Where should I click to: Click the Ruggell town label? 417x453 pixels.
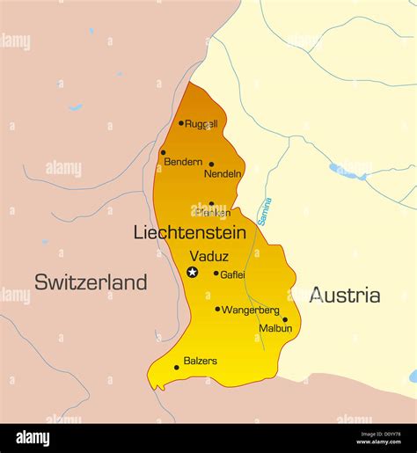coord(201,124)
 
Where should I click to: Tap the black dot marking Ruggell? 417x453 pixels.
coord(181,123)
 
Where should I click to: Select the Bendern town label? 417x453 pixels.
coord(185,162)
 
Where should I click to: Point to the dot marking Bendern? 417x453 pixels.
coord(163,152)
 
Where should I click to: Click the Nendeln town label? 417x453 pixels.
coord(223,174)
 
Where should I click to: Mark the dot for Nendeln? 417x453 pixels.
coord(211,164)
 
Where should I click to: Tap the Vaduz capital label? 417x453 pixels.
coord(209,256)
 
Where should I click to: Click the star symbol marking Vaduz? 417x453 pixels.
coord(192,273)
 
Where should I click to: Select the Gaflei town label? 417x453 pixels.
coord(232,274)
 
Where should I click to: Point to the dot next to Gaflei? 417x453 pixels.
coord(216,274)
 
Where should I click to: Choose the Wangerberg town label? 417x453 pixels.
coord(251,310)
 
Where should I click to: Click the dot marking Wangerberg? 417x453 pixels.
coord(217,309)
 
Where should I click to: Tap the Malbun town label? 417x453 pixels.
coord(275,328)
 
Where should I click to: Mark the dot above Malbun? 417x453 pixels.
coord(285,319)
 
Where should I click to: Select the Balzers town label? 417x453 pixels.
coord(201,361)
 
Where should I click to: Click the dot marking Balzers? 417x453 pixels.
coord(177,368)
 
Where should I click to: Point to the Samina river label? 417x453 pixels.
coord(264,211)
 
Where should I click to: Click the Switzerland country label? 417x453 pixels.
coord(91,282)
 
